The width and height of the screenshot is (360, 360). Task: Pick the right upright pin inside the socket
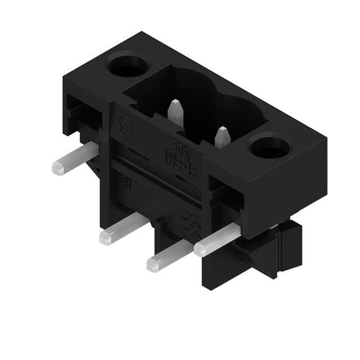[x=222, y=135]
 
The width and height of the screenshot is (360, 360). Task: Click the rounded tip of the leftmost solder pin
[x=56, y=166]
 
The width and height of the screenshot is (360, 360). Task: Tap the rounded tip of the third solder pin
[x=152, y=263]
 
